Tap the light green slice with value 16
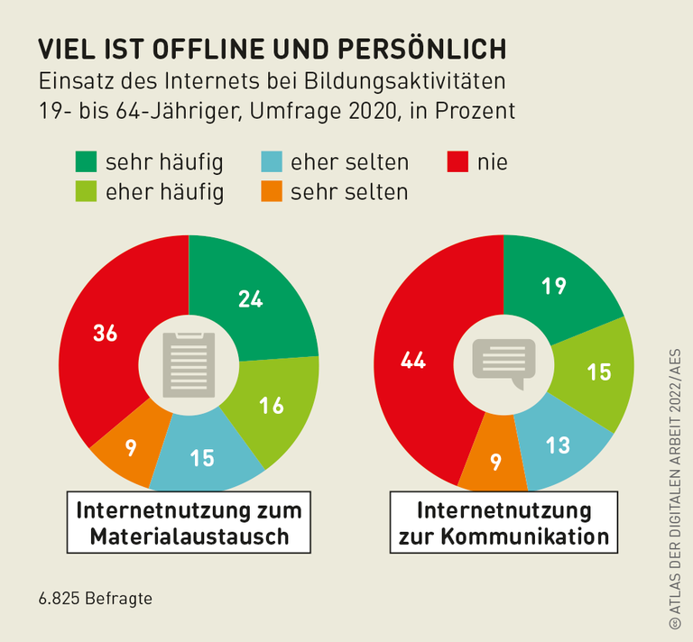point(271,406)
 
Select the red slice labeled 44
point(413,361)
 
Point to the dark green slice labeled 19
point(555,287)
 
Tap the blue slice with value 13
point(558,444)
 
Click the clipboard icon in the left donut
point(189,364)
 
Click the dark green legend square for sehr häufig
point(87,162)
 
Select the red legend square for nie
point(458,162)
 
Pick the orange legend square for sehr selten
point(272,191)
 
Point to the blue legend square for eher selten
point(272,162)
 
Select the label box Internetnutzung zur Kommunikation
point(504,523)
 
